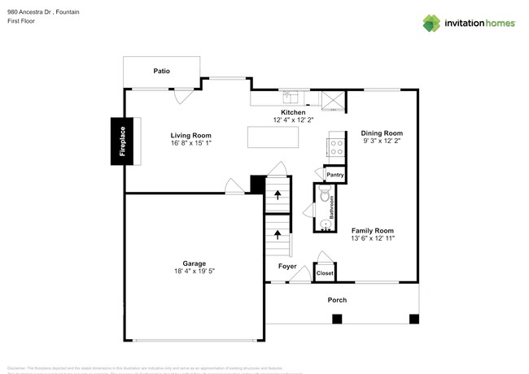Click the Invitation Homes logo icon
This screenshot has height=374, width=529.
[x=431, y=23]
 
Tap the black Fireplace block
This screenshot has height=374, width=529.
[x=123, y=141]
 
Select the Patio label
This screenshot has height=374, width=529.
[x=161, y=72]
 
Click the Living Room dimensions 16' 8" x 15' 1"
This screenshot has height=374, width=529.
[x=191, y=144]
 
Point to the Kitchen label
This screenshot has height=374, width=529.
[x=293, y=112]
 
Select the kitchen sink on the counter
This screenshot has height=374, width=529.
[x=291, y=97]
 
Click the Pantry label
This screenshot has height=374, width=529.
[x=334, y=175]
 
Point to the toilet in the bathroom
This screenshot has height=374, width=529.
[x=325, y=195]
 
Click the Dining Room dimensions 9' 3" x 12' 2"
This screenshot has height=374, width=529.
[x=383, y=141]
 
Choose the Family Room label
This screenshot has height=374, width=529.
[x=373, y=230]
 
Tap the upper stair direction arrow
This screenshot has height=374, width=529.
[x=277, y=194]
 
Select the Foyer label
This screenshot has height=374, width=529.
[x=287, y=266]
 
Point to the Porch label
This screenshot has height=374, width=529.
[x=337, y=300]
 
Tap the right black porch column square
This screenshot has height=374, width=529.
[x=413, y=318]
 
